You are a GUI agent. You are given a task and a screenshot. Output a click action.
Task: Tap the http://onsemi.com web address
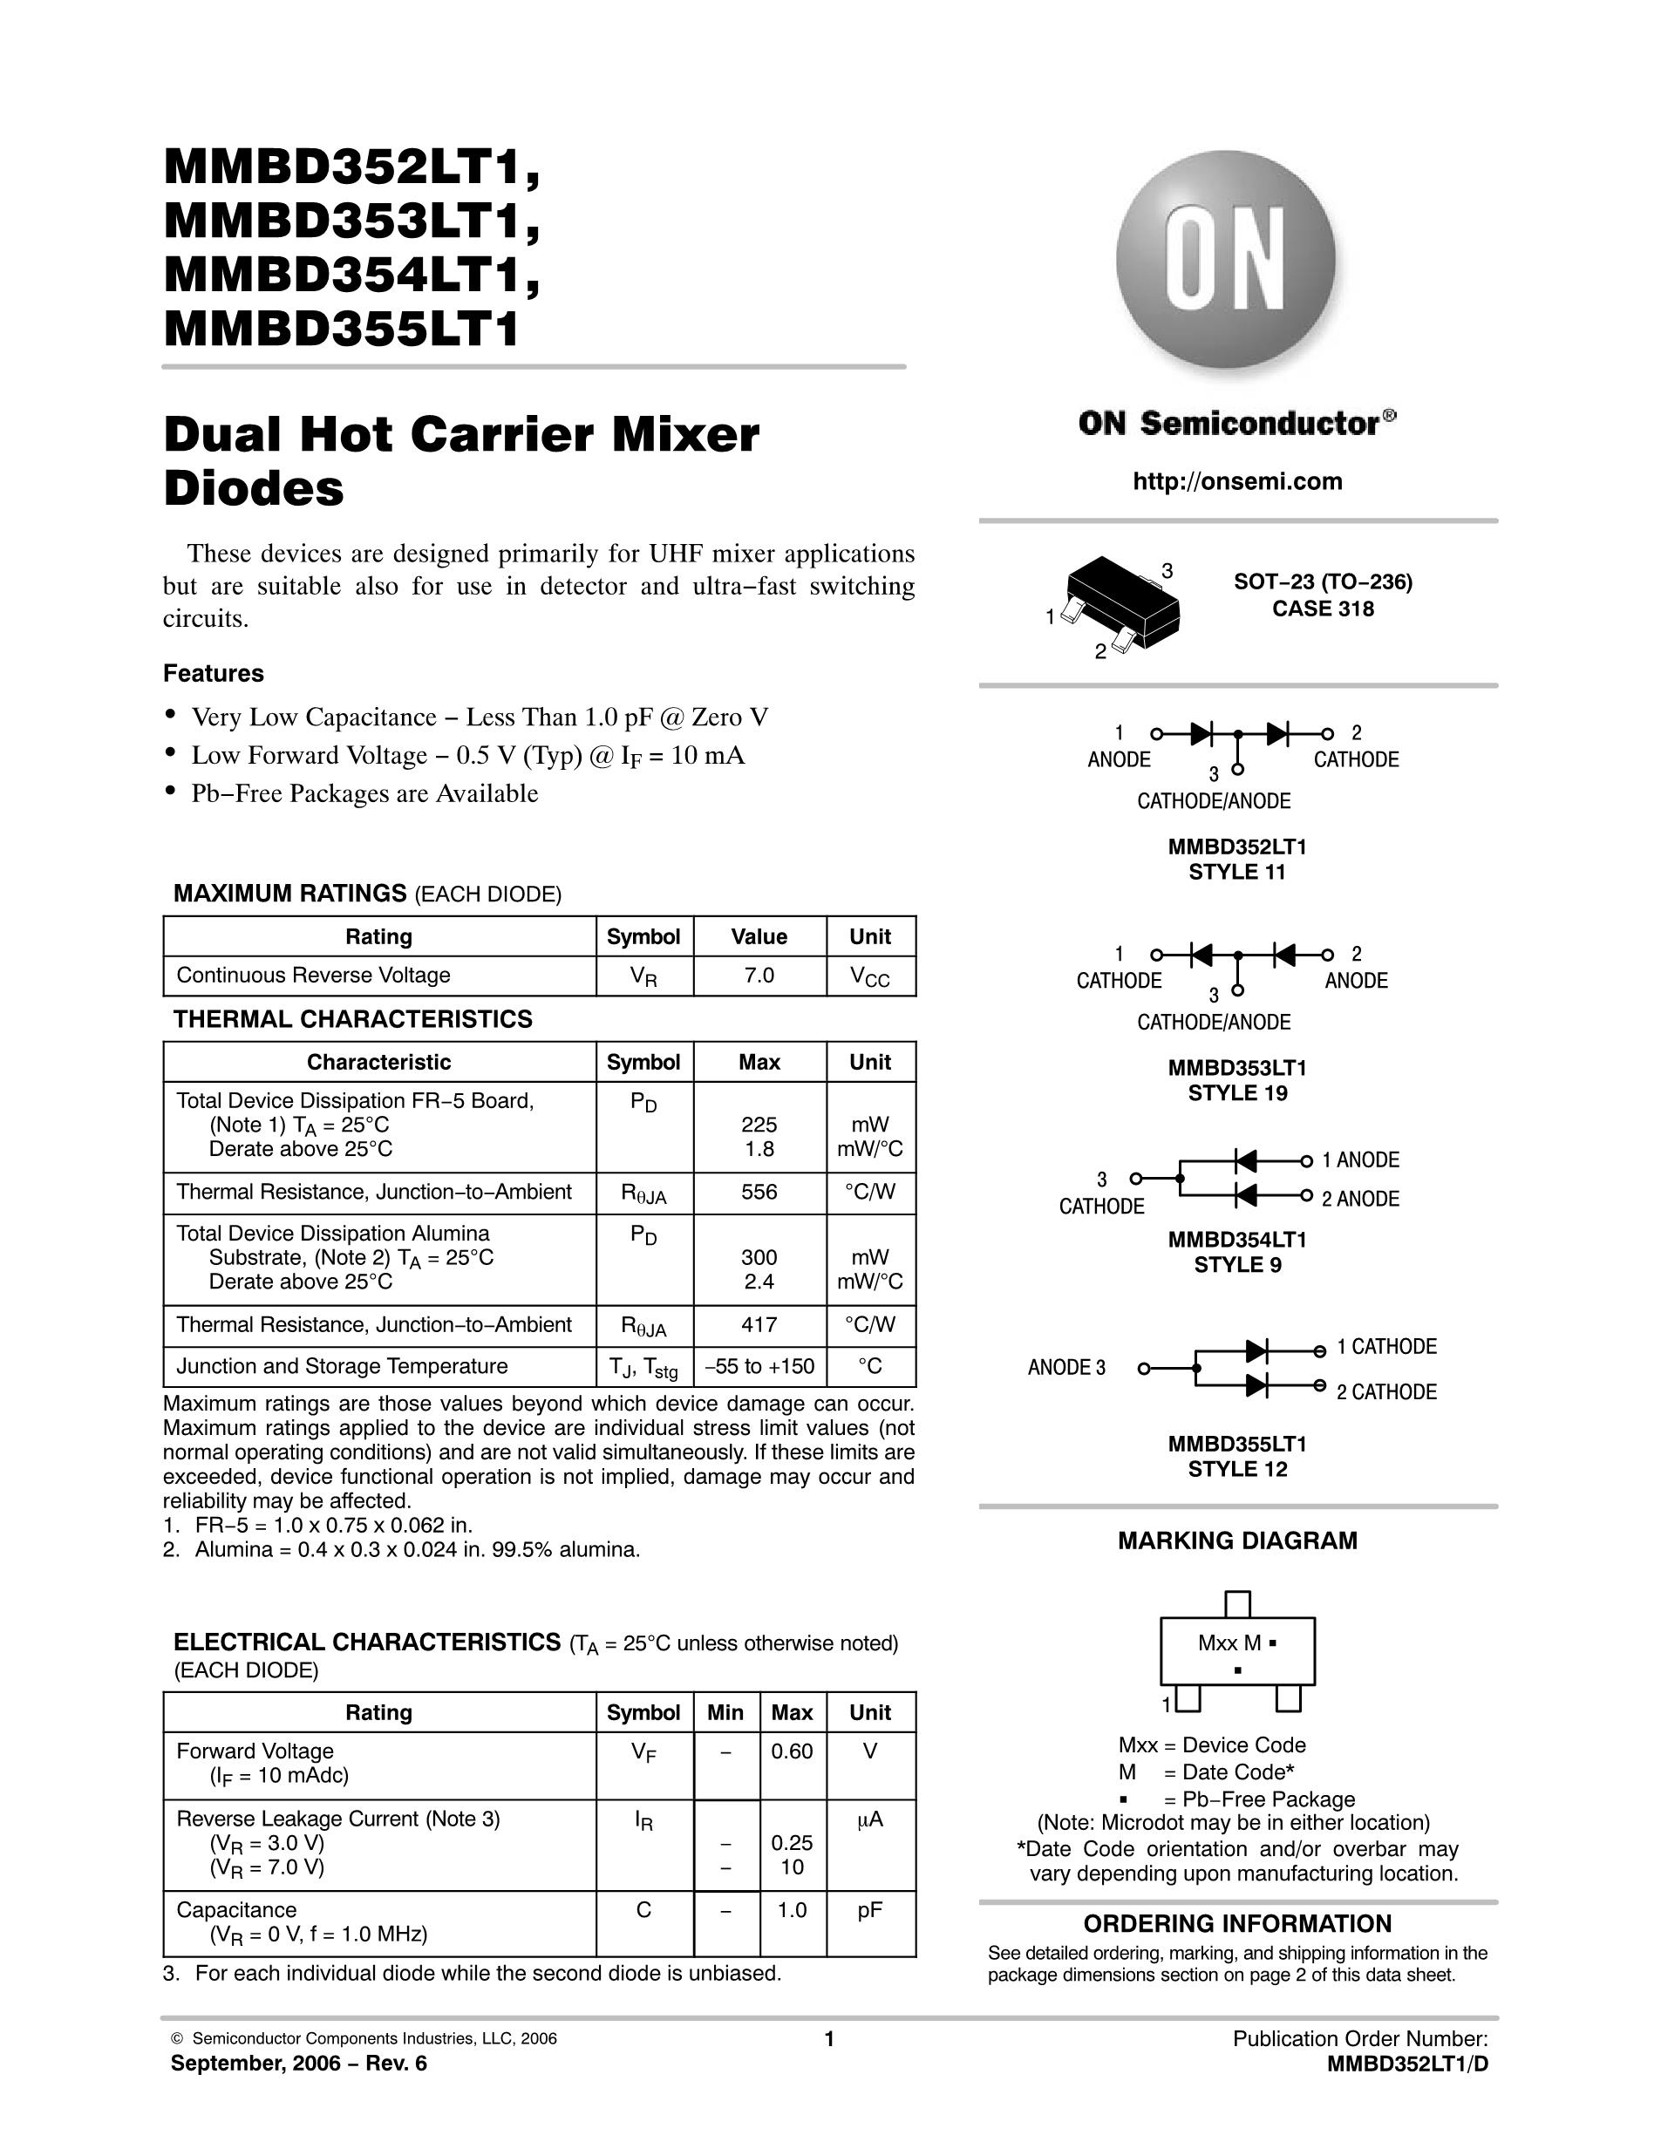(x=1237, y=481)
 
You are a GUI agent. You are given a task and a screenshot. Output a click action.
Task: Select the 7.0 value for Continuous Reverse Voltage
(x=759, y=976)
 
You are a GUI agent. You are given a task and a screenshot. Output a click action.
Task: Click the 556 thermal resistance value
(x=759, y=1192)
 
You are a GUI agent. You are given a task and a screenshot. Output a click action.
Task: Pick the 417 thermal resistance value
(x=759, y=1324)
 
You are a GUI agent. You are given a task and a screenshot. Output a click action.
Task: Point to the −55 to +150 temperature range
(x=759, y=1366)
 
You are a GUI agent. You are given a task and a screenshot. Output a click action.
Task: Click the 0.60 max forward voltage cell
(x=791, y=1751)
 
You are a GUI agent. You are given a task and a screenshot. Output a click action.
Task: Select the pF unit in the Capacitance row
(x=870, y=1910)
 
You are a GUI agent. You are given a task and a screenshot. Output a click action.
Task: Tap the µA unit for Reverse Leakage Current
(x=870, y=1819)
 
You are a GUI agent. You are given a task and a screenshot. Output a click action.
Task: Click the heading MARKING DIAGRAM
(x=1237, y=1540)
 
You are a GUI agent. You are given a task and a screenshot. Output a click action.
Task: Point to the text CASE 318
(x=1323, y=609)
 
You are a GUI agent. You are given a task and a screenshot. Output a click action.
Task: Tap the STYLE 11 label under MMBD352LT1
(x=1237, y=872)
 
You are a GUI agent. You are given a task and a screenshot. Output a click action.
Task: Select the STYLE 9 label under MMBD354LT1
(x=1237, y=1265)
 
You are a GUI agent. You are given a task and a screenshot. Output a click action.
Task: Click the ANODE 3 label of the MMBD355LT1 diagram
(x=1065, y=1368)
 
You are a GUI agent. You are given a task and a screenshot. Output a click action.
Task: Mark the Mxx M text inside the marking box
(x=1230, y=1642)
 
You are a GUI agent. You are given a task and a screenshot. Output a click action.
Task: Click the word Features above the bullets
(x=214, y=674)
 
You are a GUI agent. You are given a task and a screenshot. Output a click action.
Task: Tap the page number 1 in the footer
(x=828, y=2039)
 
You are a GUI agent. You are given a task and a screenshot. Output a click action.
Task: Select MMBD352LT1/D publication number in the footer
(x=1407, y=2064)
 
